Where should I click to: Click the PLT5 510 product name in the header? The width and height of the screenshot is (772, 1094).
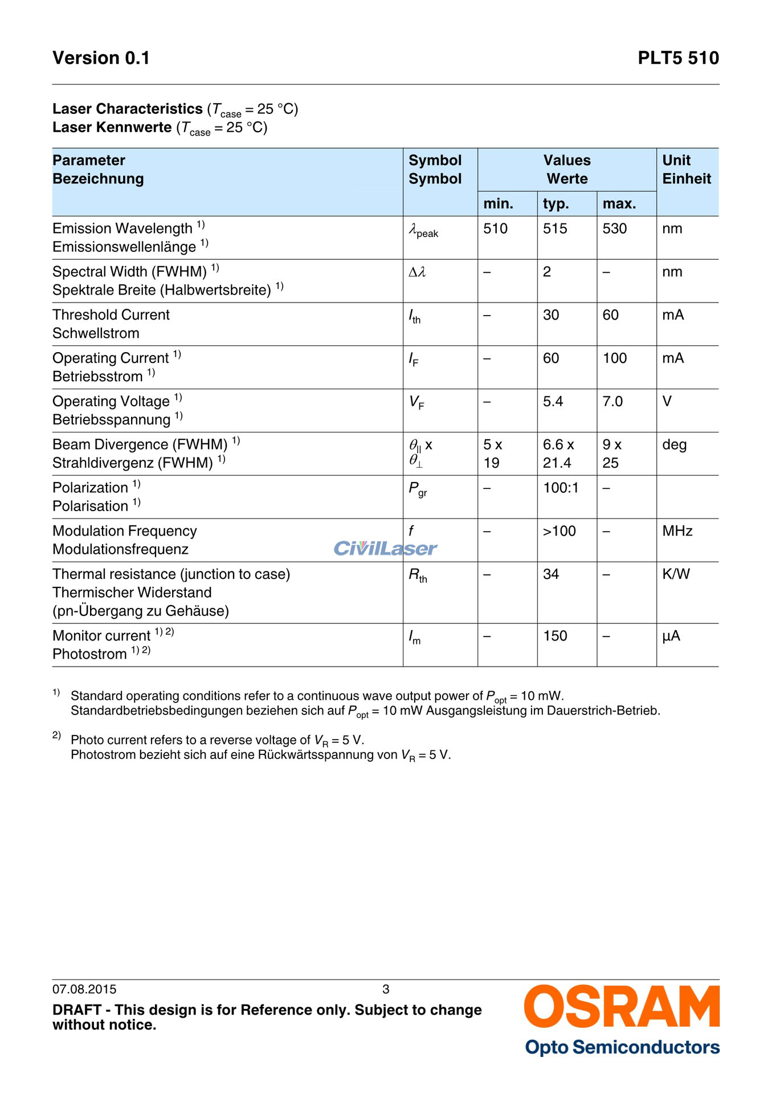678,58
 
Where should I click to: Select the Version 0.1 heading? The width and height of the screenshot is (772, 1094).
101,58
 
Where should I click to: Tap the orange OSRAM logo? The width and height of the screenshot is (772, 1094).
622,1007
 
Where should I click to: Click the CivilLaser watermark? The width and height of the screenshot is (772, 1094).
385,548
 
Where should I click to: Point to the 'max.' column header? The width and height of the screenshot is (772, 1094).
619,203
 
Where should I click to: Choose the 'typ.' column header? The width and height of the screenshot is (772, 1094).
555,203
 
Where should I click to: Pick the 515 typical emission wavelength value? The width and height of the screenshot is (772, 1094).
555,228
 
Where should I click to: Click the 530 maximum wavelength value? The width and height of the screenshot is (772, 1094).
614,228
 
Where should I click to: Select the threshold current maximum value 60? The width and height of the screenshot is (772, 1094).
610,315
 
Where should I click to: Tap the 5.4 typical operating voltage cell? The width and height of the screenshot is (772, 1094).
553,402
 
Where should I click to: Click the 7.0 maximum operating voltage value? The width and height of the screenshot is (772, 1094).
612,402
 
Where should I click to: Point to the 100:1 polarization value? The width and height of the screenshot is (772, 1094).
561,488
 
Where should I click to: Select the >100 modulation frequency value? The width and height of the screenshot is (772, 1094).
559,531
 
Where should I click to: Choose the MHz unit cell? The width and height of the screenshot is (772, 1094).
677,531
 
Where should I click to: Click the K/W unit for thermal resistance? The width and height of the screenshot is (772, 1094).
676,574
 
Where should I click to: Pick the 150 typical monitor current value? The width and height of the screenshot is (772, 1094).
555,636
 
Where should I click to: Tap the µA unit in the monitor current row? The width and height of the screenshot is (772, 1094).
671,636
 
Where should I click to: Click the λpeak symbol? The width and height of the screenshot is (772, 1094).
423,231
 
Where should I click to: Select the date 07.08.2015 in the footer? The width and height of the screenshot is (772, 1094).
84,989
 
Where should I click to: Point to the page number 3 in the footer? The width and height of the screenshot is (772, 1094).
386,989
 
